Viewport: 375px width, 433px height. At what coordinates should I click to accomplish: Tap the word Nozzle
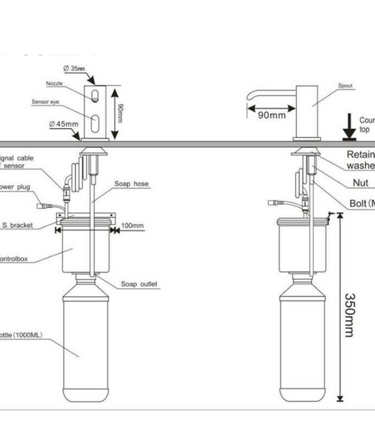[x=54, y=84]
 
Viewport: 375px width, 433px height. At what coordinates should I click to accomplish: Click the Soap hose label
[x=132, y=184]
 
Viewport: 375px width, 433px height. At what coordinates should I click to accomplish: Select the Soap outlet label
[x=139, y=284]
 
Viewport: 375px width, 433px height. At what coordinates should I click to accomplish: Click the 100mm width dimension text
[x=133, y=226]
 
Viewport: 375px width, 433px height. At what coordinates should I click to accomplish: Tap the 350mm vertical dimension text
[x=350, y=315]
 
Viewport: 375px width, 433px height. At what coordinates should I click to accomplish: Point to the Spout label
[x=345, y=86]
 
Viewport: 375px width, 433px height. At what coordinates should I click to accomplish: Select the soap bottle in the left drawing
[x=85, y=341]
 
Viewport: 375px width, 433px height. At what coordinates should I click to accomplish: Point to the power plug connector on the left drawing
[x=42, y=204]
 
